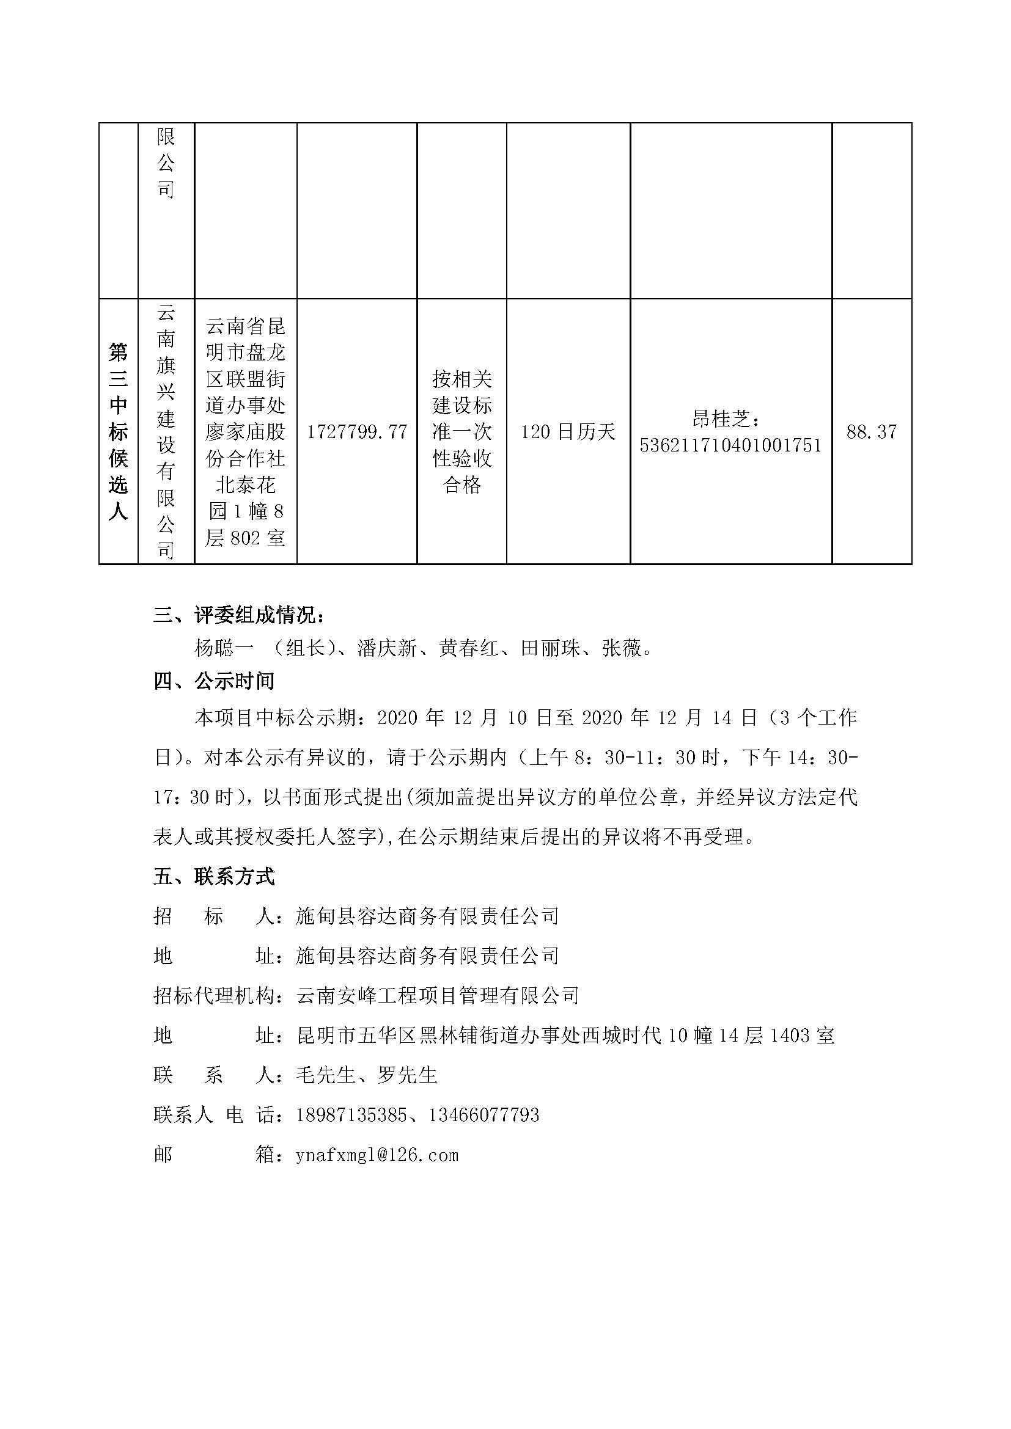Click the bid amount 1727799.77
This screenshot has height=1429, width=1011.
click(x=357, y=432)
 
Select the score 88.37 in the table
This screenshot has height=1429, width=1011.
click(x=872, y=432)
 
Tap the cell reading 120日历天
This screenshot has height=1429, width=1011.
click(x=568, y=432)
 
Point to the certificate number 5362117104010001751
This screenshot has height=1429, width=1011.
click(x=731, y=445)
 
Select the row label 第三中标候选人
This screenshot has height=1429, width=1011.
click(x=119, y=431)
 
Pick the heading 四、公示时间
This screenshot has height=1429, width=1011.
click(x=213, y=682)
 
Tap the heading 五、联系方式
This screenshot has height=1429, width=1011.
click(x=213, y=877)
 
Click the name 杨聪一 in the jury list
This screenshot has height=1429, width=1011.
click(x=224, y=649)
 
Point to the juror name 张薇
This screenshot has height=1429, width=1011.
click(x=621, y=649)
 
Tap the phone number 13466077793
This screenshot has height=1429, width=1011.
click(x=483, y=1115)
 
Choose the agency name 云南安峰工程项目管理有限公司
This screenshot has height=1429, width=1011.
click(x=438, y=996)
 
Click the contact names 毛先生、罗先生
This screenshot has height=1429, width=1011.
click(x=367, y=1075)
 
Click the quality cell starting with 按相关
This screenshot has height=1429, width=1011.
click(x=462, y=432)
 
